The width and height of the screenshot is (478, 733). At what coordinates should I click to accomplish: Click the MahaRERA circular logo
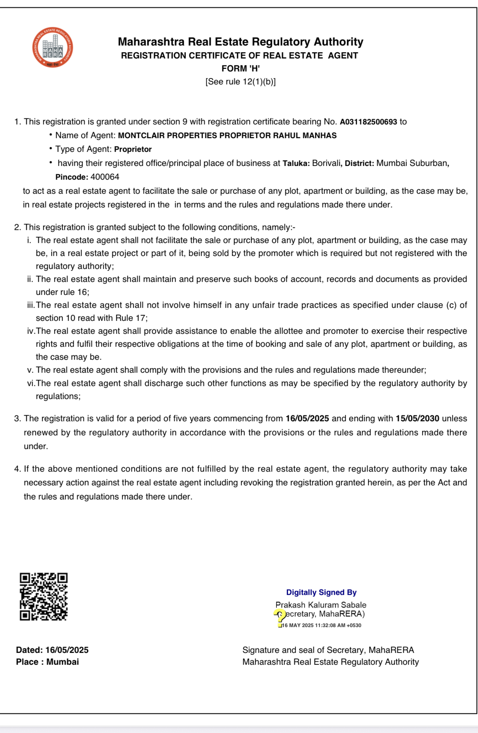coord(53,47)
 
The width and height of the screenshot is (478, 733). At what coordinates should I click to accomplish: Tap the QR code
coord(44,596)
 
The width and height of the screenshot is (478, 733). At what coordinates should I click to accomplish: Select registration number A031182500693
coord(368,122)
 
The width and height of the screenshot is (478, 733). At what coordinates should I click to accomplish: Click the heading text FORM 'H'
coord(240,69)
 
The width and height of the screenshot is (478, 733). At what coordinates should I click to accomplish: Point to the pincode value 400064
coord(105,177)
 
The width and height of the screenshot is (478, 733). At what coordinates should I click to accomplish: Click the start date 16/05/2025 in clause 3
coord(307,418)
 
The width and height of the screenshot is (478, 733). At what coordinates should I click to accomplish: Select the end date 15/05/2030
coord(417,418)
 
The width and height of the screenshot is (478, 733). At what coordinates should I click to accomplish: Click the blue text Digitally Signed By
coord(321,592)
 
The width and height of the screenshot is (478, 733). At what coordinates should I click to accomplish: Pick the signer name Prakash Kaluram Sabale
coord(321,605)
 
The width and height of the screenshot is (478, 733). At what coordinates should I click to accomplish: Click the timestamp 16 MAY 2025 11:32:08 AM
coord(321,625)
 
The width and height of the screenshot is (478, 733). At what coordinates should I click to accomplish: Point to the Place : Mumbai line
coord(47,662)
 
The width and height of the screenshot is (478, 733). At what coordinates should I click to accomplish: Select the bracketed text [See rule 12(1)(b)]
coord(240,82)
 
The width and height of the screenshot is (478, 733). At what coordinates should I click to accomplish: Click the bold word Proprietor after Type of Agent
coord(133,149)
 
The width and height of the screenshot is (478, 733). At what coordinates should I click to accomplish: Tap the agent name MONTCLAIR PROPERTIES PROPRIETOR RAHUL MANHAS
coord(227,136)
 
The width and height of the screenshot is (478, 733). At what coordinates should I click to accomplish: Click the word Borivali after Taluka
coord(326,163)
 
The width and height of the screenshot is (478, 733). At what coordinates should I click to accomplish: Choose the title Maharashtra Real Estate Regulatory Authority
coord(240,42)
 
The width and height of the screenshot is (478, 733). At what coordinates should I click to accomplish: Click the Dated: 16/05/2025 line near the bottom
coord(52,650)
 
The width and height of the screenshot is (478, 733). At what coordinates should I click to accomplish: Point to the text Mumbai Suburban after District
coord(412,163)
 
